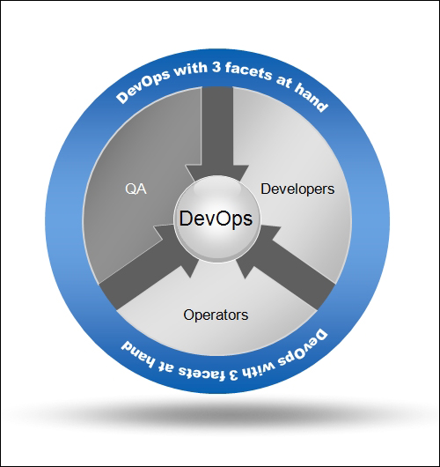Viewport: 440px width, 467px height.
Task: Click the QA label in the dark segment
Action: (x=136, y=189)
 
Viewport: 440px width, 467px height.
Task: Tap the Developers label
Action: (x=297, y=189)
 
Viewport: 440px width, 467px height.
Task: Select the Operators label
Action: (x=216, y=315)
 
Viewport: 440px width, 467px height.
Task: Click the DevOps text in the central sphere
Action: (x=216, y=219)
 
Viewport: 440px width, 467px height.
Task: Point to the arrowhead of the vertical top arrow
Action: (x=216, y=173)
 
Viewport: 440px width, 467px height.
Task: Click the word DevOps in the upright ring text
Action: (x=143, y=86)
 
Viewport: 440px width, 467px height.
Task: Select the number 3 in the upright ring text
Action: (x=216, y=68)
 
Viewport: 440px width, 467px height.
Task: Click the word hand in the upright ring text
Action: (x=312, y=97)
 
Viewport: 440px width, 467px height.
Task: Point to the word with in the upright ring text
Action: (x=191, y=70)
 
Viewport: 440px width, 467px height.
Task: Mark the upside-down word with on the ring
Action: (x=260, y=369)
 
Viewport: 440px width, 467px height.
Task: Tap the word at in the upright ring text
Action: (x=284, y=82)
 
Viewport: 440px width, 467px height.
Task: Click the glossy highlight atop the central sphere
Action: (x=216, y=187)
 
